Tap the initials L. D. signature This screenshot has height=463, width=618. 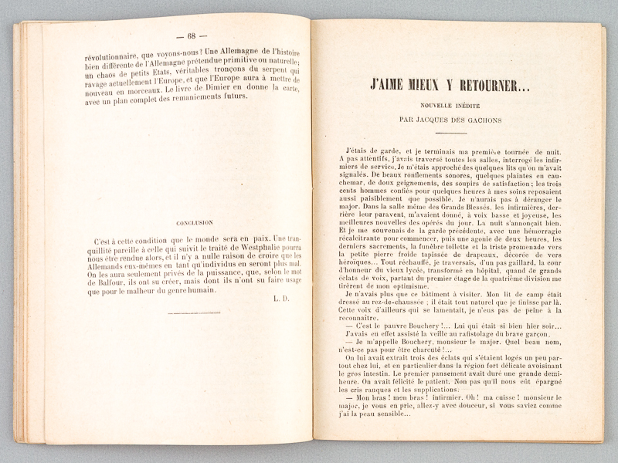(280, 297)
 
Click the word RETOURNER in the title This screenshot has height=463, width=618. (484, 86)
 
